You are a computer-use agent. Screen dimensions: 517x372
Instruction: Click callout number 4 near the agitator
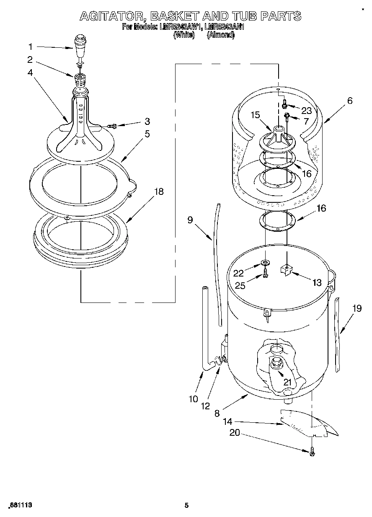tap(30, 72)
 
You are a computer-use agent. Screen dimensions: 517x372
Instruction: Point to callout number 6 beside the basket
tap(349, 101)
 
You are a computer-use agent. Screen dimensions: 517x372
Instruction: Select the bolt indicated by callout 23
tap(284, 102)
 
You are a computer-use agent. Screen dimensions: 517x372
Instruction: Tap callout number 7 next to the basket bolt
tap(306, 121)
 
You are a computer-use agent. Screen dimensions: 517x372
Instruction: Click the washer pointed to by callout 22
tap(264, 263)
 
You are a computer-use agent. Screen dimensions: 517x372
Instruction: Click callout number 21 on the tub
tap(287, 382)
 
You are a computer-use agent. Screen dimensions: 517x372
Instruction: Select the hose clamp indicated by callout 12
tap(218, 359)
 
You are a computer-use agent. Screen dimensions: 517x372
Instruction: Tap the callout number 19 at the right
tap(356, 309)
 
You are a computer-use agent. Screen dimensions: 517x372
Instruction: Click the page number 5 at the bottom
tap(187, 506)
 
